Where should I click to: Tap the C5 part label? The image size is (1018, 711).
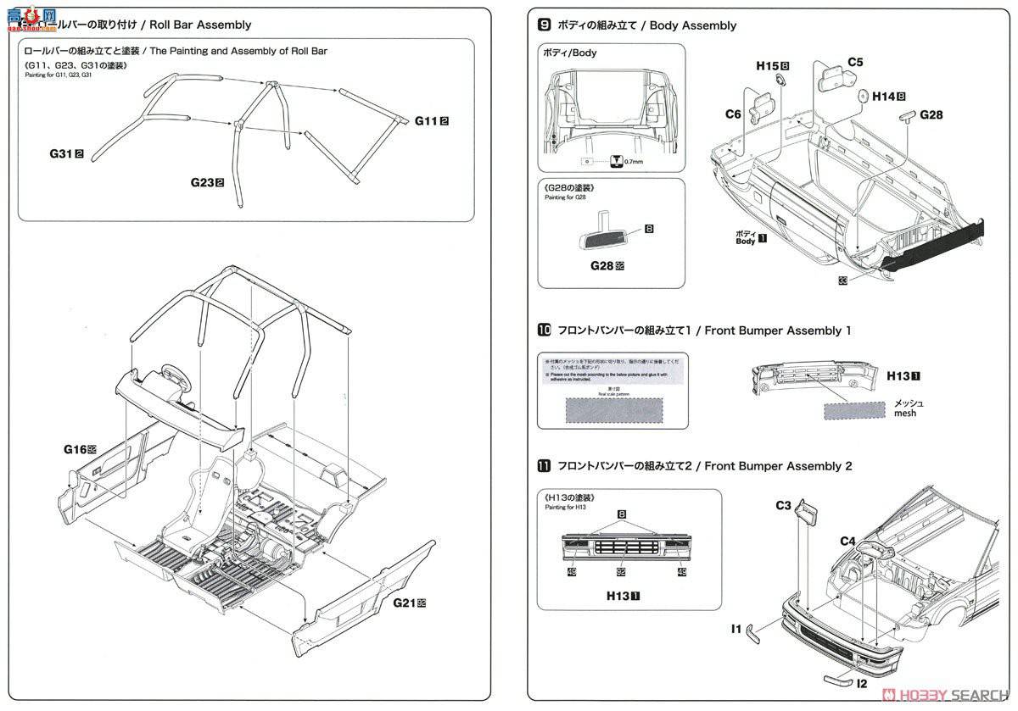(855, 62)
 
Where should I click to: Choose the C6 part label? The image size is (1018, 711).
(733, 114)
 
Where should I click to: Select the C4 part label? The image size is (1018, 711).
(847, 541)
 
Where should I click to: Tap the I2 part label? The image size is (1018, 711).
(861, 682)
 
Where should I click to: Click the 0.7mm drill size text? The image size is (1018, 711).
(633, 161)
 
